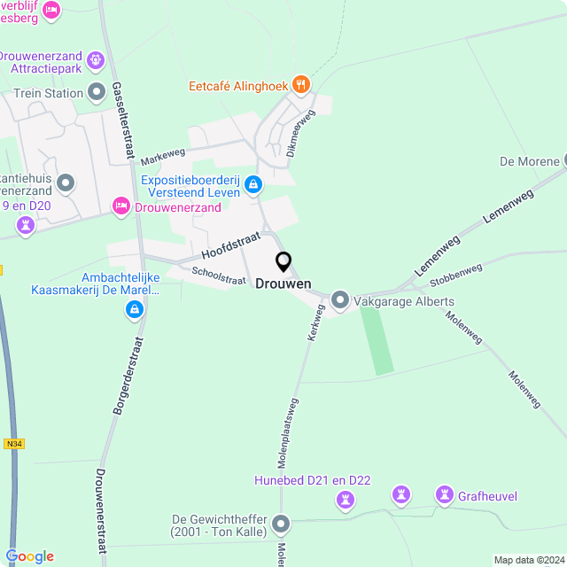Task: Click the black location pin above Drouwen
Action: (283, 261)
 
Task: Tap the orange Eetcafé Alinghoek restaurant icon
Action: (302, 85)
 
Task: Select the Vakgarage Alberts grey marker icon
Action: (340, 301)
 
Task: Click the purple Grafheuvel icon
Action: (443, 494)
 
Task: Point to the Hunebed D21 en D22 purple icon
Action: (346, 501)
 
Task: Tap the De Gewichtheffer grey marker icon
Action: (282, 524)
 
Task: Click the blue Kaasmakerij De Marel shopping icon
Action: (134, 308)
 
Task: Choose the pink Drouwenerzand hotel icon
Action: (120, 206)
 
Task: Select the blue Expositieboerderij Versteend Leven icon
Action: (254, 184)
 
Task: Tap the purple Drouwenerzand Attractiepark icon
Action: (97, 60)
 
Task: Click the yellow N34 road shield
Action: (12, 444)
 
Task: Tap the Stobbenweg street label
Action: (455, 276)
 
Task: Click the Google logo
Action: (29, 556)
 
